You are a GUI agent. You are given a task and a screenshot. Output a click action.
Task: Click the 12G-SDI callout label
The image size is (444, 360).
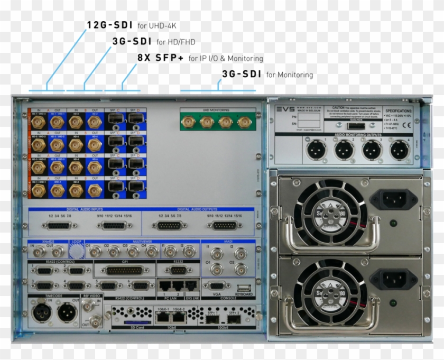click(x=110, y=25)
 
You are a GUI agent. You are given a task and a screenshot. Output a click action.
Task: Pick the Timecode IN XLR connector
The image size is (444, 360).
click(x=40, y=313)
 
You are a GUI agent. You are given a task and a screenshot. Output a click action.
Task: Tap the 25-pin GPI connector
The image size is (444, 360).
click(x=125, y=270)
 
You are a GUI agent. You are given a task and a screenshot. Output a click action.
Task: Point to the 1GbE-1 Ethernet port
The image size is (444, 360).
click(x=162, y=318)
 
